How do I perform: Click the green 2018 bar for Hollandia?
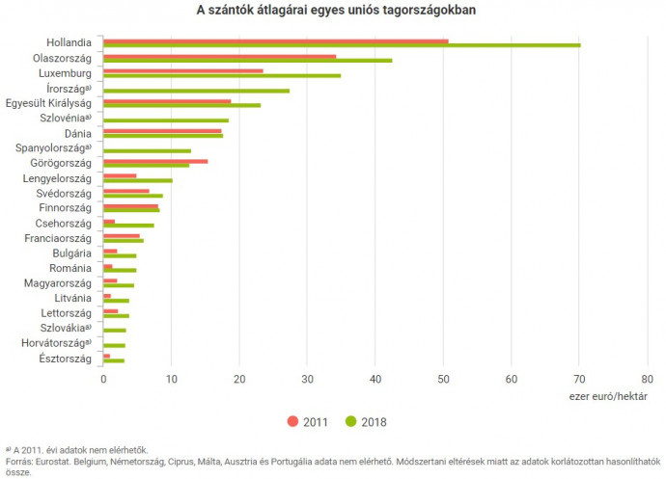pyautogui.click(x=342, y=45)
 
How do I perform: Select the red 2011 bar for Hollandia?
pyautogui.click(x=275, y=40)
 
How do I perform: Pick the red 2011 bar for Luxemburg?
pyautogui.click(x=182, y=70)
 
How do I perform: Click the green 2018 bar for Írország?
pyautogui.click(x=196, y=91)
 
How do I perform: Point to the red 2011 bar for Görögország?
pyautogui.click(x=154, y=161)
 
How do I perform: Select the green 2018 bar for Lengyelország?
pyautogui.click(x=137, y=180)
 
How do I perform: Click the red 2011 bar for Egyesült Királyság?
pyautogui.click(x=166, y=100)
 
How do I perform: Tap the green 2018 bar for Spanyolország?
pyautogui.click(x=147, y=150)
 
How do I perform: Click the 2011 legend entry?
pyautogui.click(x=308, y=420)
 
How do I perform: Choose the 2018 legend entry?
pyautogui.click(x=366, y=420)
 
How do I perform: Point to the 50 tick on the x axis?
pyautogui.click(x=443, y=379)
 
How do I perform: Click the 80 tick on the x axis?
pyautogui.click(x=647, y=379)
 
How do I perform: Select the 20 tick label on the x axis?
pyautogui.click(x=239, y=379)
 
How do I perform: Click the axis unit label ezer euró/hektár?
pyautogui.click(x=608, y=395)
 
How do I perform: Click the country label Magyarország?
pyautogui.click(x=58, y=283)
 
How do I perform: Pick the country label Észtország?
pyautogui.click(x=65, y=359)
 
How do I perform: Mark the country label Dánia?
pyautogui.click(x=77, y=133)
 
